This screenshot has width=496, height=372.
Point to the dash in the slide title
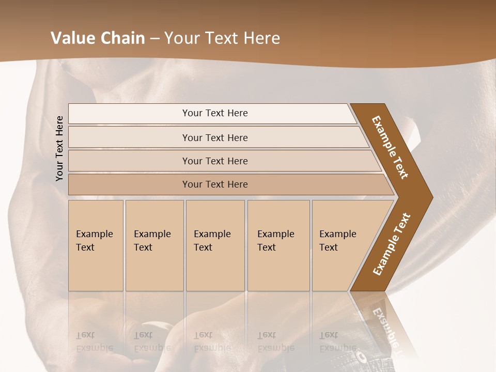(154, 39)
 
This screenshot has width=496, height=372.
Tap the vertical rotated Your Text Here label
(59, 148)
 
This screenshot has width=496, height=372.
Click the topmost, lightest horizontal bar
(215, 113)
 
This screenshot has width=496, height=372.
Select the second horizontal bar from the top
(215, 137)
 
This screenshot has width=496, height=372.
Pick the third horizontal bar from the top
(215, 161)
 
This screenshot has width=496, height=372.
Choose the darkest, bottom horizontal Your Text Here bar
(215, 184)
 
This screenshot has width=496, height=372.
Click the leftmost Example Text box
(96, 245)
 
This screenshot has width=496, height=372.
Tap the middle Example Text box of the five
(215, 245)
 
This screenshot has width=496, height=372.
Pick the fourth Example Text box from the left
(278, 245)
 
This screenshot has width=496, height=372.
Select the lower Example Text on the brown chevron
(392, 244)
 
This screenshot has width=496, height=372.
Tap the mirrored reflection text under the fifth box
(338, 342)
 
